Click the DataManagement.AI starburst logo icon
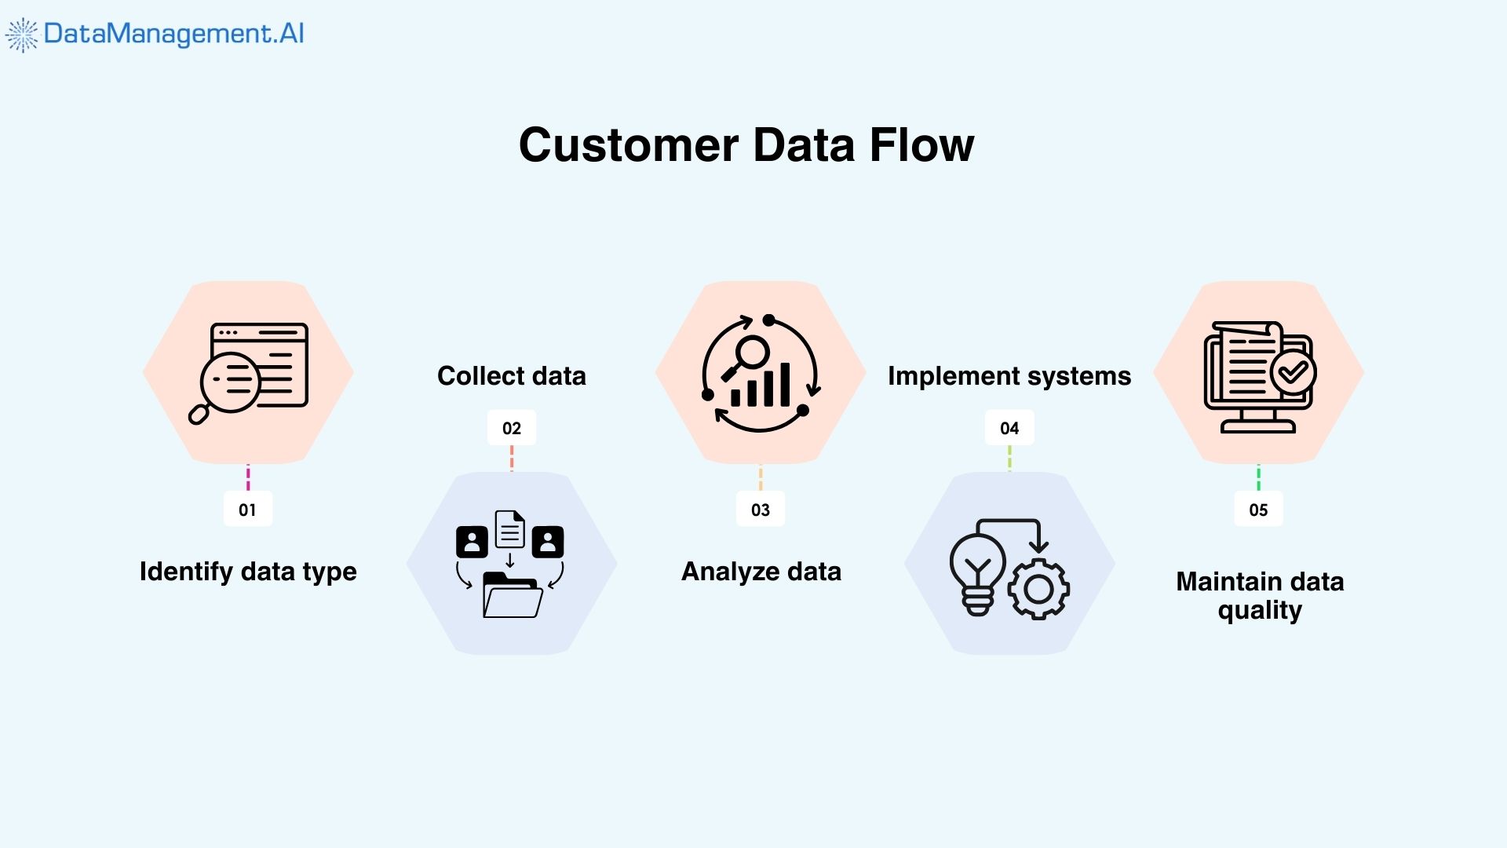click(22, 35)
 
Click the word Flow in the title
click(921, 145)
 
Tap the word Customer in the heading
click(629, 145)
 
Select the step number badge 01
click(247, 510)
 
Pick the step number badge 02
click(511, 428)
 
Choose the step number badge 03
click(760, 510)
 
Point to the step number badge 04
click(1009, 428)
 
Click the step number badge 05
click(1258, 510)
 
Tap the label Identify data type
click(248, 572)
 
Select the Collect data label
click(511, 376)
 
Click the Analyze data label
click(761, 572)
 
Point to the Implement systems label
click(1009, 376)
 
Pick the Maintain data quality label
click(1260, 595)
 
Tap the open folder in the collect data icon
click(513, 598)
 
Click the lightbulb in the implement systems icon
click(977, 570)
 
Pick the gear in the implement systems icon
click(1038, 589)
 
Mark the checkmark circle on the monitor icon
click(1293, 372)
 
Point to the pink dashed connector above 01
click(248, 477)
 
